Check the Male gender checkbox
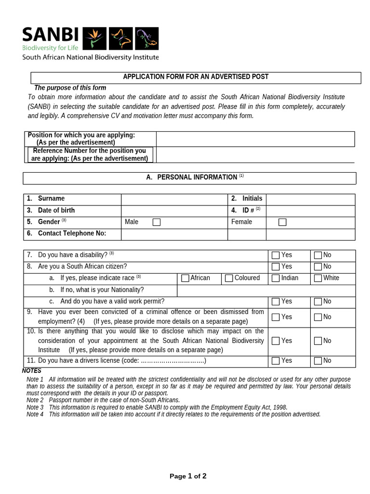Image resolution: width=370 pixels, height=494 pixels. [x=157, y=222]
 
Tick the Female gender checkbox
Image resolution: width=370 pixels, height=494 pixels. [x=282, y=222]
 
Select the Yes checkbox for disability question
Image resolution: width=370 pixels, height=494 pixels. [x=276, y=255]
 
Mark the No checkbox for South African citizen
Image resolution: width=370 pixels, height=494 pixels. [x=318, y=267]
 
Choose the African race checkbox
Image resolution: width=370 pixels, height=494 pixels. [x=185, y=278]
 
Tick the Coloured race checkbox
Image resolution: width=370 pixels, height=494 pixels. [x=229, y=278]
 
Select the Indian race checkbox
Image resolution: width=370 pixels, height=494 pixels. [x=276, y=278]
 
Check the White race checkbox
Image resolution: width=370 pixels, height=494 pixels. [x=318, y=278]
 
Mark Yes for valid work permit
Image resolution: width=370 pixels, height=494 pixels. [x=276, y=302]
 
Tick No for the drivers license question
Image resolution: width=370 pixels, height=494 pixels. [x=318, y=361]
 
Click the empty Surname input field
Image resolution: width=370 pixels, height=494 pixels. [x=174, y=199]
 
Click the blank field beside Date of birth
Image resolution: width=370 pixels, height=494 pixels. [x=174, y=211]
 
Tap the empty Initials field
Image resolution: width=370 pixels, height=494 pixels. [x=310, y=199]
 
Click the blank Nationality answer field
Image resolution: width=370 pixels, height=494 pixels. [x=266, y=290]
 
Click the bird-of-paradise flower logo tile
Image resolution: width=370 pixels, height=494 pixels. [x=95, y=39]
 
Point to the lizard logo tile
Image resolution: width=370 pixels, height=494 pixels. [x=146, y=39]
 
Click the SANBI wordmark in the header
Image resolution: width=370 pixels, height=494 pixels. [x=50, y=35]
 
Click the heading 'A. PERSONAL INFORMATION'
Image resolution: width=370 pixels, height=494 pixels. [x=192, y=178]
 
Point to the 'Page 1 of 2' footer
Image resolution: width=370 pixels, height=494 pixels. [x=188, y=476]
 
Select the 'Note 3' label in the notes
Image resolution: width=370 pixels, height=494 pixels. [x=35, y=407]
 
